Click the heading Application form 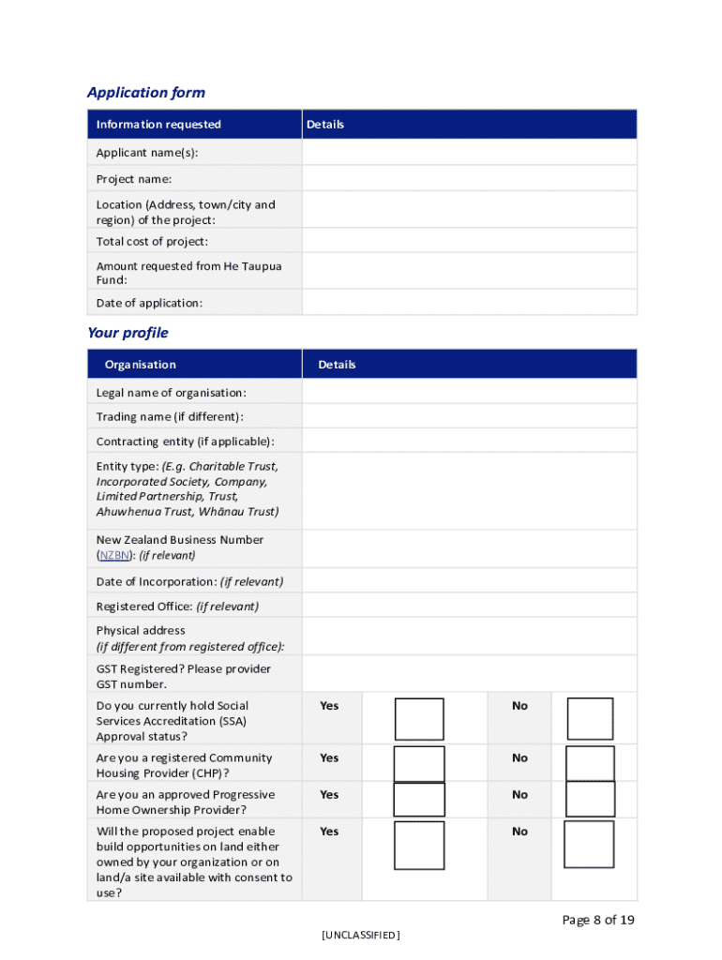pos(145,92)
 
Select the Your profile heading pos(128,333)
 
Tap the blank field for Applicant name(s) pos(469,152)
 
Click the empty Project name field pos(469,178)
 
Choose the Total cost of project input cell pos(469,241)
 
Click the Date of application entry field pos(469,302)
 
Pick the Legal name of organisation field pos(469,392)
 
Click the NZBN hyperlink pos(114,555)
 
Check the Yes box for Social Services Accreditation pos(419,719)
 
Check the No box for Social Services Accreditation pos(590,719)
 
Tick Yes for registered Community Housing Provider pos(419,763)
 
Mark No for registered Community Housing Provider pos(590,763)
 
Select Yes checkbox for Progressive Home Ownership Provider pos(419,799)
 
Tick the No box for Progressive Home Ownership pos(590,799)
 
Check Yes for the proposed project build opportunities pos(419,845)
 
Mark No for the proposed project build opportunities pos(590,845)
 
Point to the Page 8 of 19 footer pos(598,920)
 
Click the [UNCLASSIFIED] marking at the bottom pos(360,935)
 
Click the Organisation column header pos(140,365)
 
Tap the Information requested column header pos(158,125)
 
